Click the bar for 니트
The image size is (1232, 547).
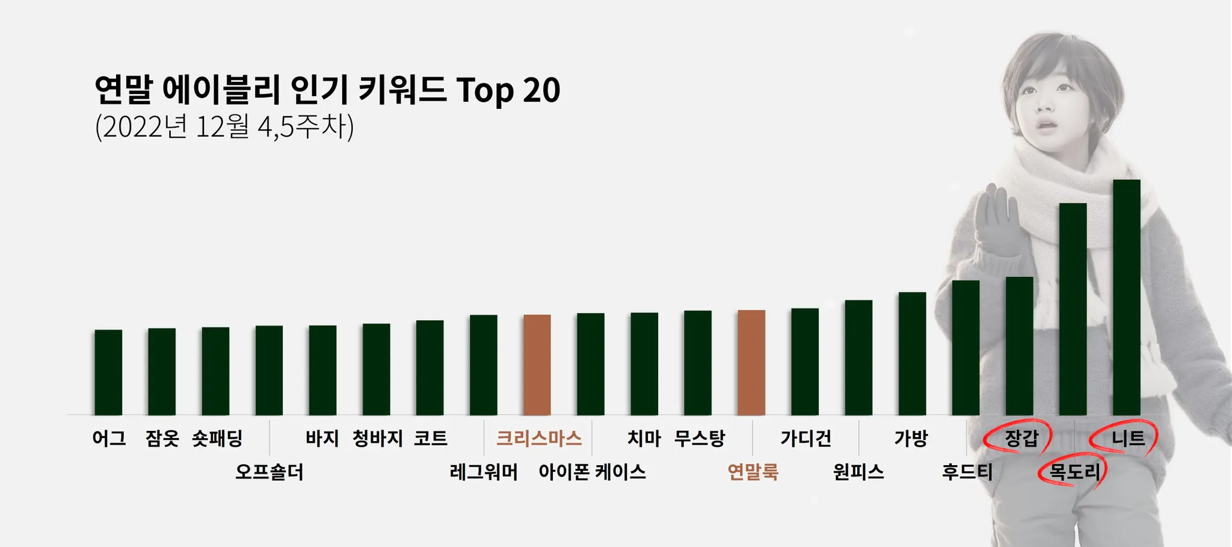pos(1126,298)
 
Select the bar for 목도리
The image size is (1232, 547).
pos(1073,309)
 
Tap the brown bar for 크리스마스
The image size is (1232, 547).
pos(537,365)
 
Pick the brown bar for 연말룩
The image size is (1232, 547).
pos(751,362)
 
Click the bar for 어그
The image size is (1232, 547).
pos(108,372)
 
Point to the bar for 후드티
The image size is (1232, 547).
pos(966,348)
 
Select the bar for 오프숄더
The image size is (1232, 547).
pos(269,370)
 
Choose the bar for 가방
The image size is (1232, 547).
pos(912,354)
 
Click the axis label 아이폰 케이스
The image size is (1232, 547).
pos(592,472)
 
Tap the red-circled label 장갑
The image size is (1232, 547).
pos(1021,438)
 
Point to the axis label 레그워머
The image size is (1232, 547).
pos(484,472)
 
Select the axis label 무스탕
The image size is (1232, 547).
pos(699,438)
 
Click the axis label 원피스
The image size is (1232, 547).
pos(858,472)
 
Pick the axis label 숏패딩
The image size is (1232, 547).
pos(217,438)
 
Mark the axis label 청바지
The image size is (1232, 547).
pos(377,438)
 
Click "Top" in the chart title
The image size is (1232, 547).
pos(485,90)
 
